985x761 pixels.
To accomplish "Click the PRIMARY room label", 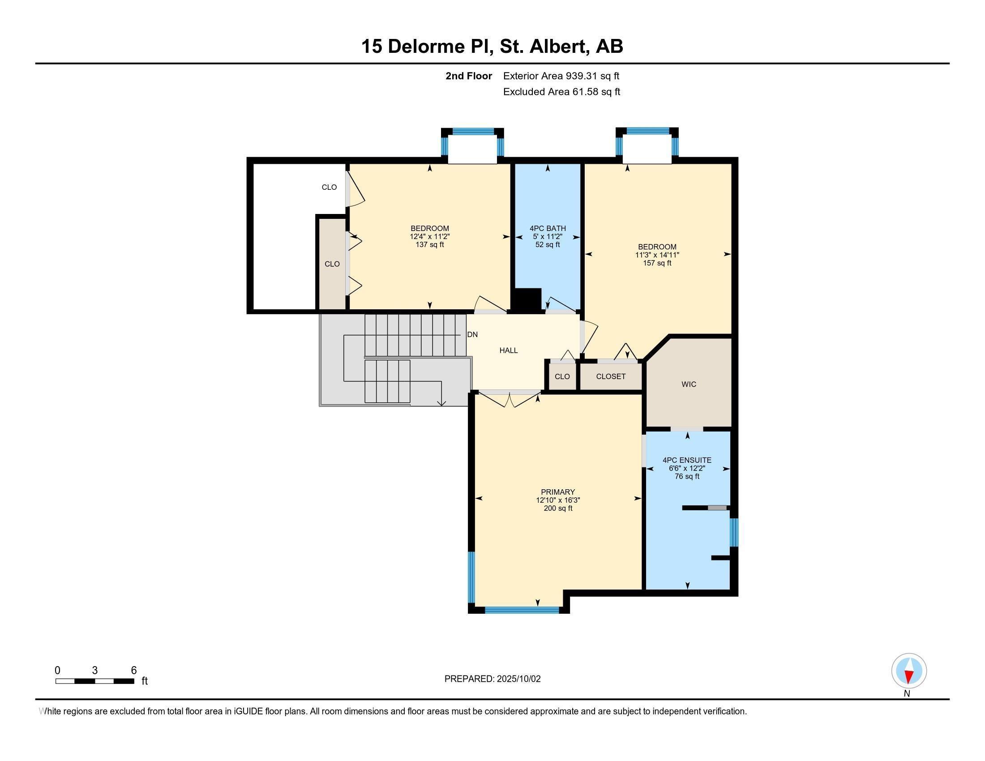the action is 558,492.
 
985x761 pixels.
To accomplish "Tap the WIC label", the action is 689,384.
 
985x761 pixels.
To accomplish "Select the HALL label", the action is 508,351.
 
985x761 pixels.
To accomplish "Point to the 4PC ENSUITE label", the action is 687,460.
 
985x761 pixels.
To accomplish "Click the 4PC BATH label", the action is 548,228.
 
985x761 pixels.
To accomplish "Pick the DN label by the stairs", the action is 472,334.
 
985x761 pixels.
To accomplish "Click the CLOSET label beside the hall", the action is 611,376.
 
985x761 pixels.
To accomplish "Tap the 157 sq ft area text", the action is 657,263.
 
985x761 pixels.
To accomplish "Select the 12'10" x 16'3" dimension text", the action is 558,500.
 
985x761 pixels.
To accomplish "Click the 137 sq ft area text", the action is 430,244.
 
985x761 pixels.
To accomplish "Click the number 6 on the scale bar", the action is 133,671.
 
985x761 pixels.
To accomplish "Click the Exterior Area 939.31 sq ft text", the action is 561,76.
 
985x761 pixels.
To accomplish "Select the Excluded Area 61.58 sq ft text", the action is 561,91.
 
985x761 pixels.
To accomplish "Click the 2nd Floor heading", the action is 469,76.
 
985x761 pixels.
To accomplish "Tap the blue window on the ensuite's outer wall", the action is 734,532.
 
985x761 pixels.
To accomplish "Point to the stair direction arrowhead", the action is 441,403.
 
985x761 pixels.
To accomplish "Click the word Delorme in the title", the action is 437,47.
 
